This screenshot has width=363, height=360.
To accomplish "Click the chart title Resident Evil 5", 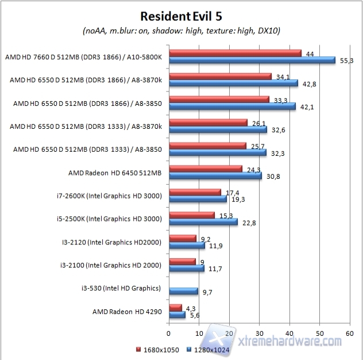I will (181, 16).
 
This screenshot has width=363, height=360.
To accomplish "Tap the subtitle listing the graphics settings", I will (181, 30).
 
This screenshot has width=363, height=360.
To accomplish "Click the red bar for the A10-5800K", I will (235, 53).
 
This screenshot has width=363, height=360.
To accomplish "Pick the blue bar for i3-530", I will (183, 291).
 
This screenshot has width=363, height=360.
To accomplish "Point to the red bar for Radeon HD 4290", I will (175, 308).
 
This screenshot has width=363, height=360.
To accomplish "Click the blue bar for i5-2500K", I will (203, 221).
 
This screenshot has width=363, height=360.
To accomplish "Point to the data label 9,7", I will (208, 292).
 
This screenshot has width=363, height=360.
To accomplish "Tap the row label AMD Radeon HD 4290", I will (128, 312).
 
